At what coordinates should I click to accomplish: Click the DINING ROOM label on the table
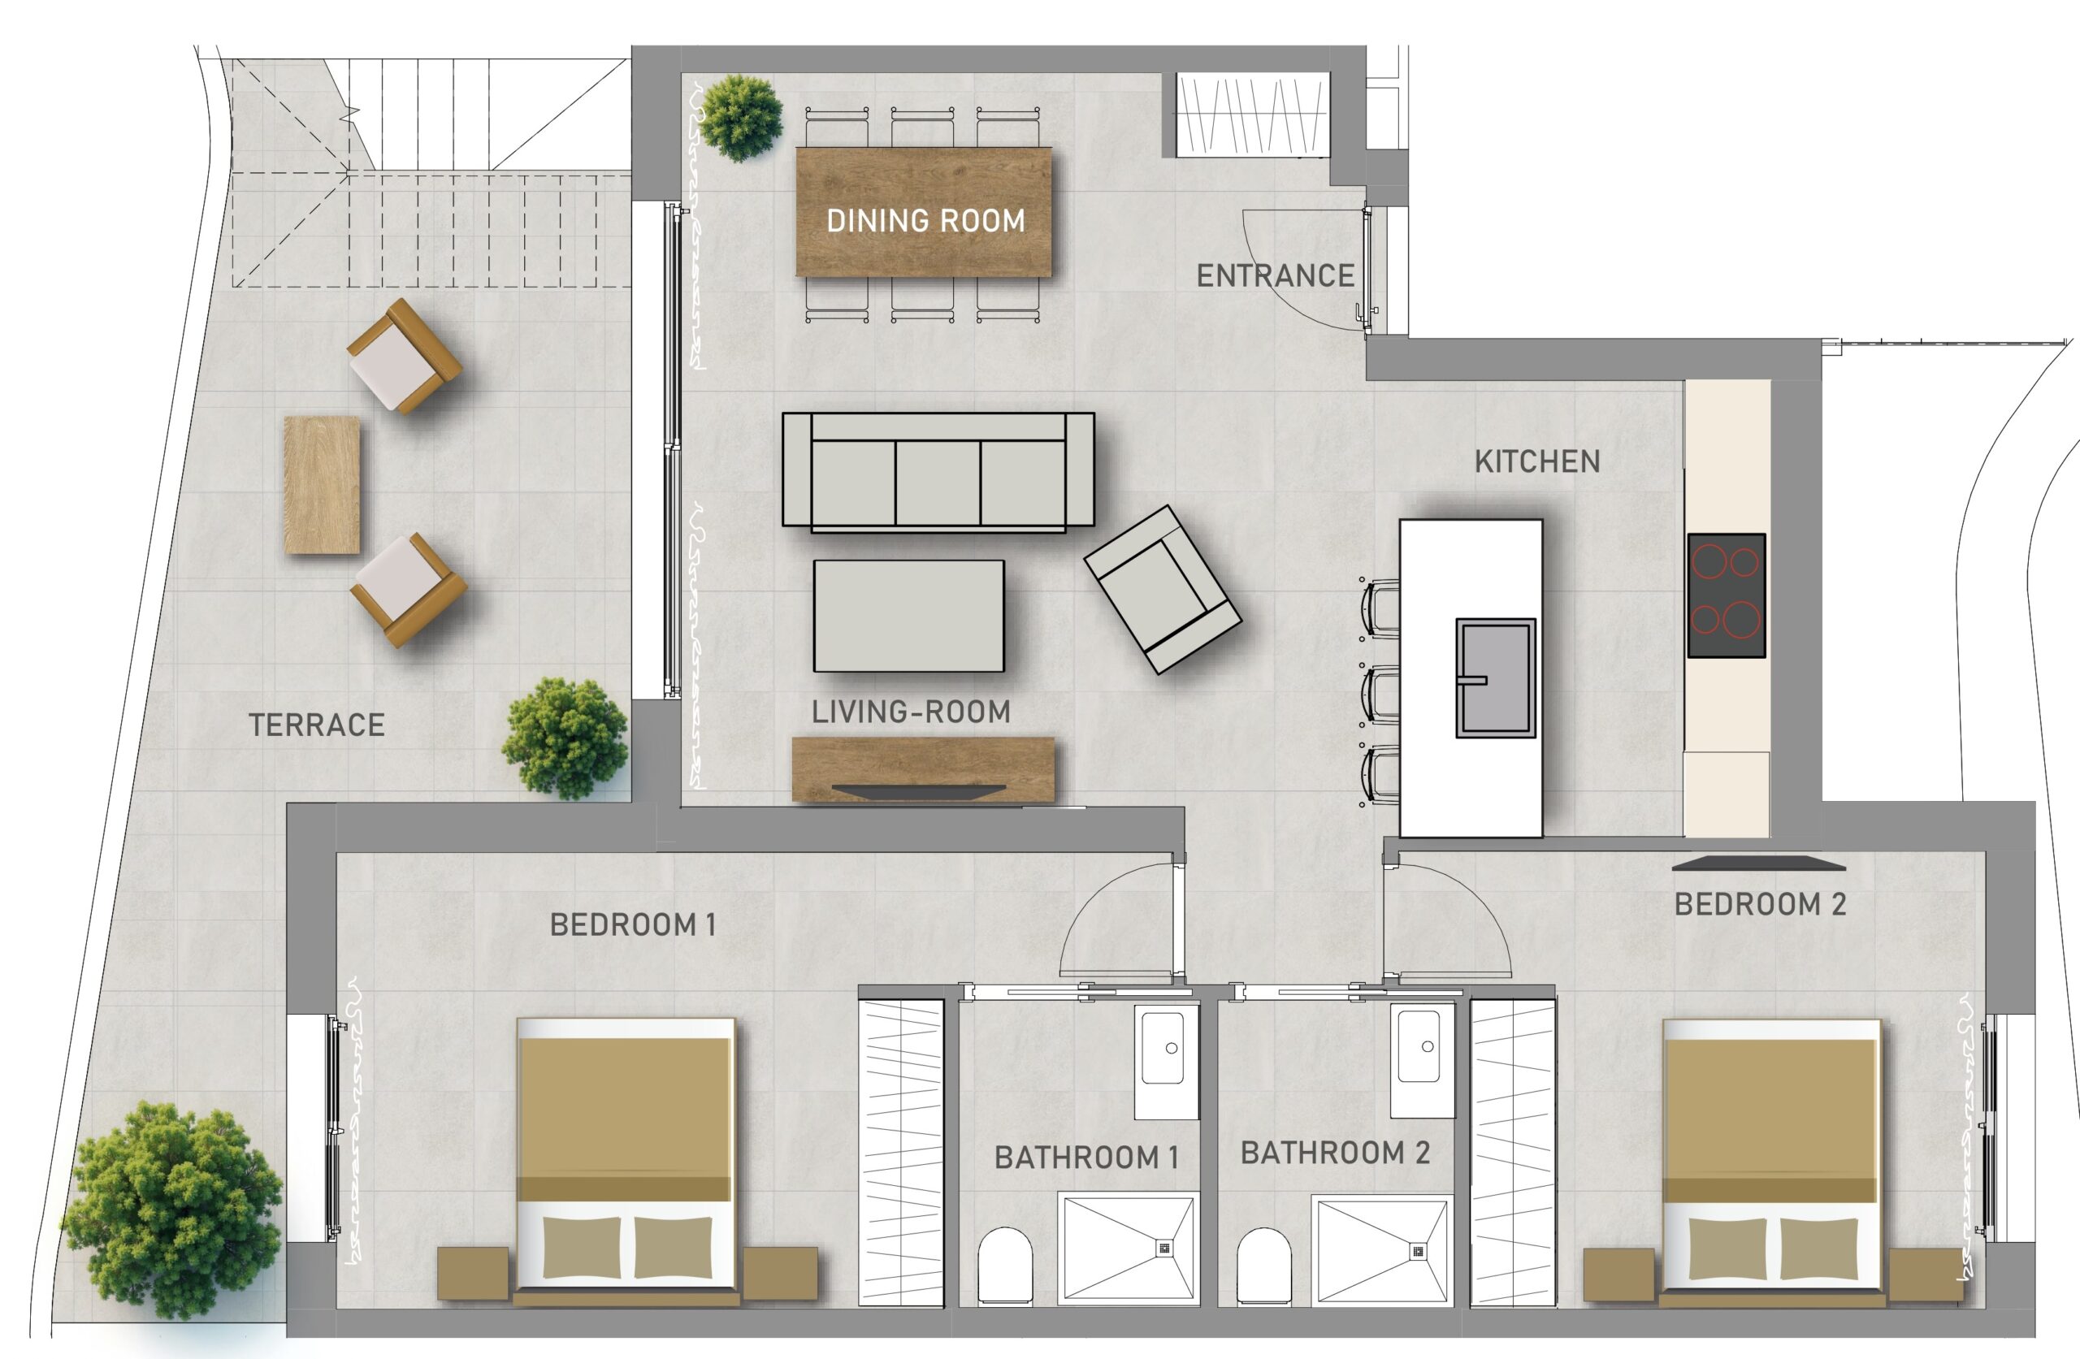tap(925, 221)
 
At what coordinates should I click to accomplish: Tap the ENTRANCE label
tap(1275, 276)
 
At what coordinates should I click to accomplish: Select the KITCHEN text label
tap(1537, 461)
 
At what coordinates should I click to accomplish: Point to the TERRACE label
tap(316, 725)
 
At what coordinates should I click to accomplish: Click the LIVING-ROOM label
tap(911, 712)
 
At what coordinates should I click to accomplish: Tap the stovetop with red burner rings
tap(1726, 595)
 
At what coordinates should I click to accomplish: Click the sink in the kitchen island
tap(1495, 678)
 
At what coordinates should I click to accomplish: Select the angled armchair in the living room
tap(1163, 590)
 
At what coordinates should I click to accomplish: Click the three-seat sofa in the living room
tap(938, 472)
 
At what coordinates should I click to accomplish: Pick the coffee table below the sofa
tap(909, 616)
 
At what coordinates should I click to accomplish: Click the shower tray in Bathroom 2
tap(1380, 1252)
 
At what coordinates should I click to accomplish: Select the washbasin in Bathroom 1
tap(1166, 1060)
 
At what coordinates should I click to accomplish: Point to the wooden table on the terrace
tap(322, 485)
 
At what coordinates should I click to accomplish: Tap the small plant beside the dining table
tap(741, 118)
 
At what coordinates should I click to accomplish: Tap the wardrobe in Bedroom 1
tap(902, 1152)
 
